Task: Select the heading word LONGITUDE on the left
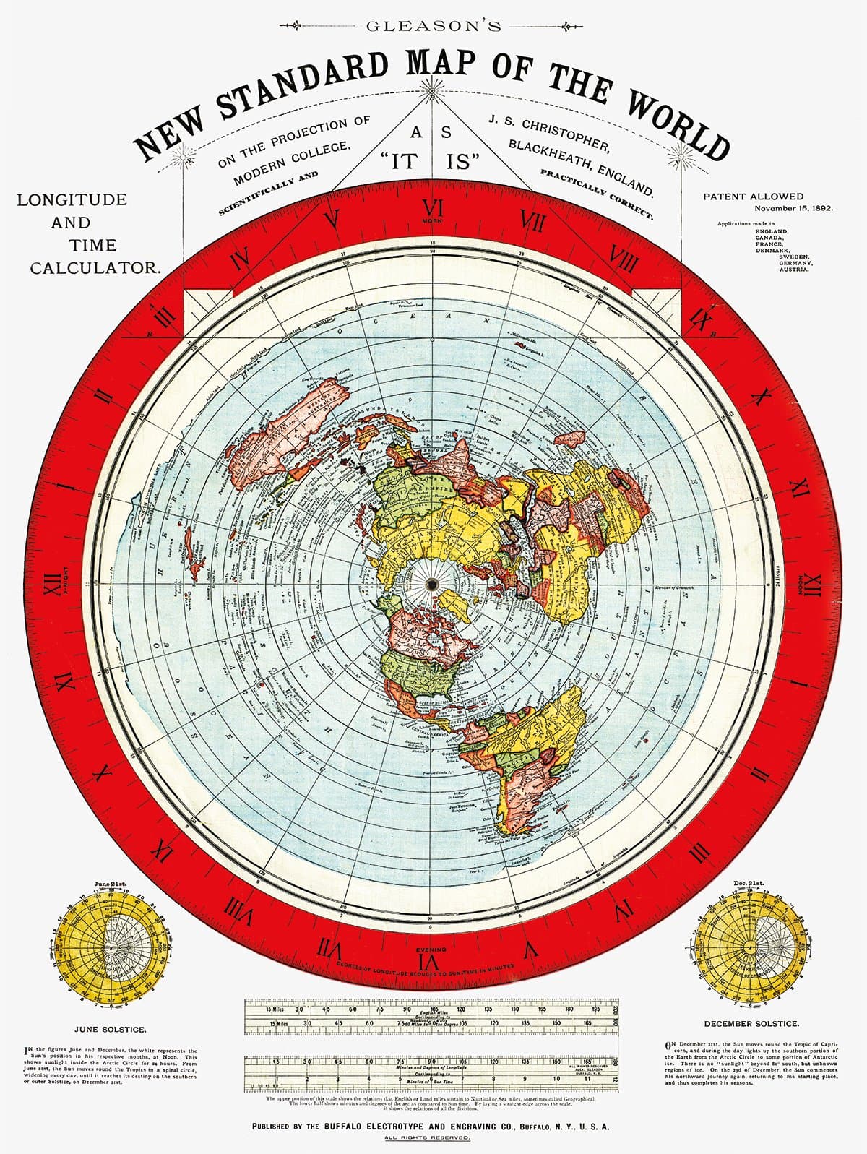[72, 199]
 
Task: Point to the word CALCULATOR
[95, 267]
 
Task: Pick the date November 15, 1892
[794, 208]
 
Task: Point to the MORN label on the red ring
[432, 219]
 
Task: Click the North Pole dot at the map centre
[433, 584]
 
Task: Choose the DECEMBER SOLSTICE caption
[751, 1024]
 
